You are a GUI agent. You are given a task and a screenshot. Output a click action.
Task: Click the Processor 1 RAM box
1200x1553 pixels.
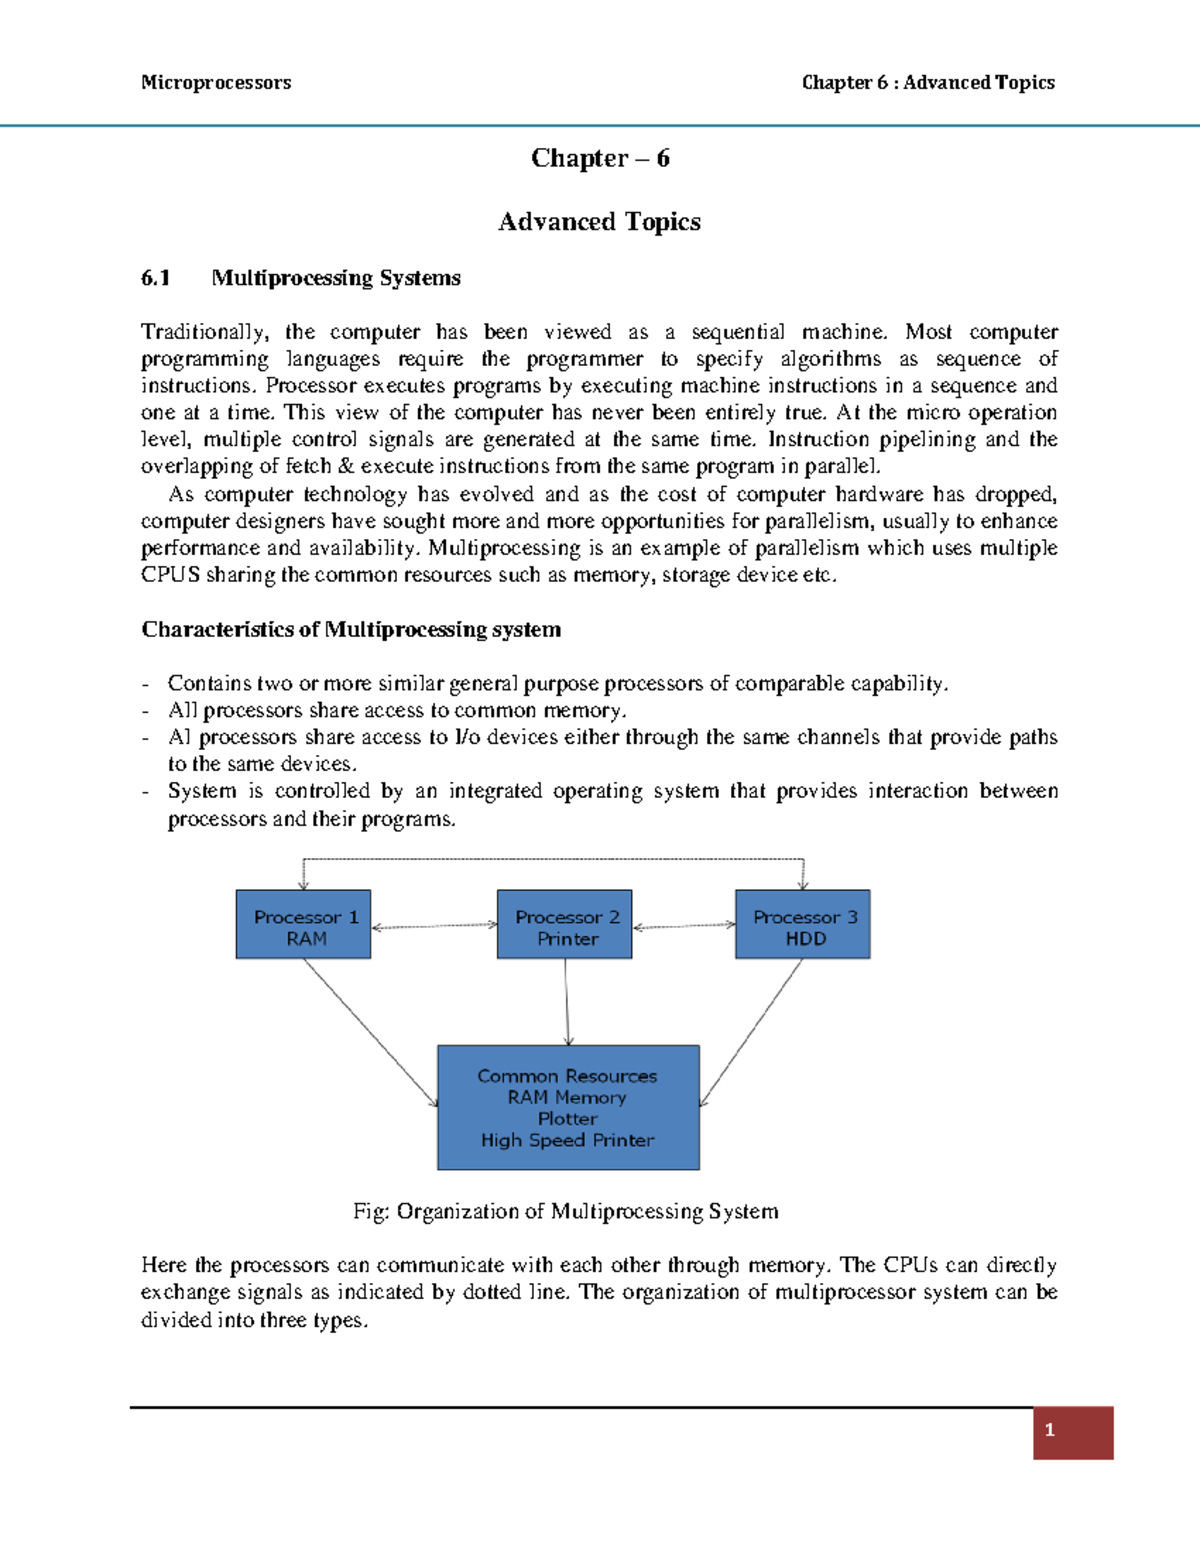303,925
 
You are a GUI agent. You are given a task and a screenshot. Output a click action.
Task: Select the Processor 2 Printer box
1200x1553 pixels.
565,925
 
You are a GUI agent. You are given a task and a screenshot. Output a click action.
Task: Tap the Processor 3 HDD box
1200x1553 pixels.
803,925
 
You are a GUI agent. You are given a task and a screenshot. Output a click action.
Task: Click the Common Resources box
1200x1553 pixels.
568,1107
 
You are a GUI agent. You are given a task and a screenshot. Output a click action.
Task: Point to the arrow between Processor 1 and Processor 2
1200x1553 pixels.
434,927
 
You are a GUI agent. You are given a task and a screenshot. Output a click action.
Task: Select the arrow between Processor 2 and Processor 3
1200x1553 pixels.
684,927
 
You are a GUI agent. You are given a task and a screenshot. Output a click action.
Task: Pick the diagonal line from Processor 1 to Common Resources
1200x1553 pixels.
370,1032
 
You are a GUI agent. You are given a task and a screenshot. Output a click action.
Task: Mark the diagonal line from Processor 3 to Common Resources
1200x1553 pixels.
751,1032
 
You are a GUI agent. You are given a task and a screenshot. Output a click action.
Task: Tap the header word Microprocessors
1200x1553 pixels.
216,83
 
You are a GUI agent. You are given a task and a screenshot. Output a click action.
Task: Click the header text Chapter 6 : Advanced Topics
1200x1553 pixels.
928,83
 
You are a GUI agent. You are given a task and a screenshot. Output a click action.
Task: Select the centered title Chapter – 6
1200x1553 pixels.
600,158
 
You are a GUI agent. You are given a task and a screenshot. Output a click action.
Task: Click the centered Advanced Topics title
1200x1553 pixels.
600,222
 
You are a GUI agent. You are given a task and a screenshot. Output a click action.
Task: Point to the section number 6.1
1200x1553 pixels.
156,278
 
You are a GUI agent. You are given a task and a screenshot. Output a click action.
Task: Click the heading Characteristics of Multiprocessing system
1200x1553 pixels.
351,630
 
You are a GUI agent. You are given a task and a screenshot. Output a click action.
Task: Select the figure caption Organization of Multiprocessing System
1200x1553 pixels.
566,1212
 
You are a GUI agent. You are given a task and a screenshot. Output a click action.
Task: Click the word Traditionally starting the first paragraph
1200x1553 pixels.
203,332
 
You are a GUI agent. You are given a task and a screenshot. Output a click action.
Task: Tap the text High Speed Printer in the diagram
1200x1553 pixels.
567,1141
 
